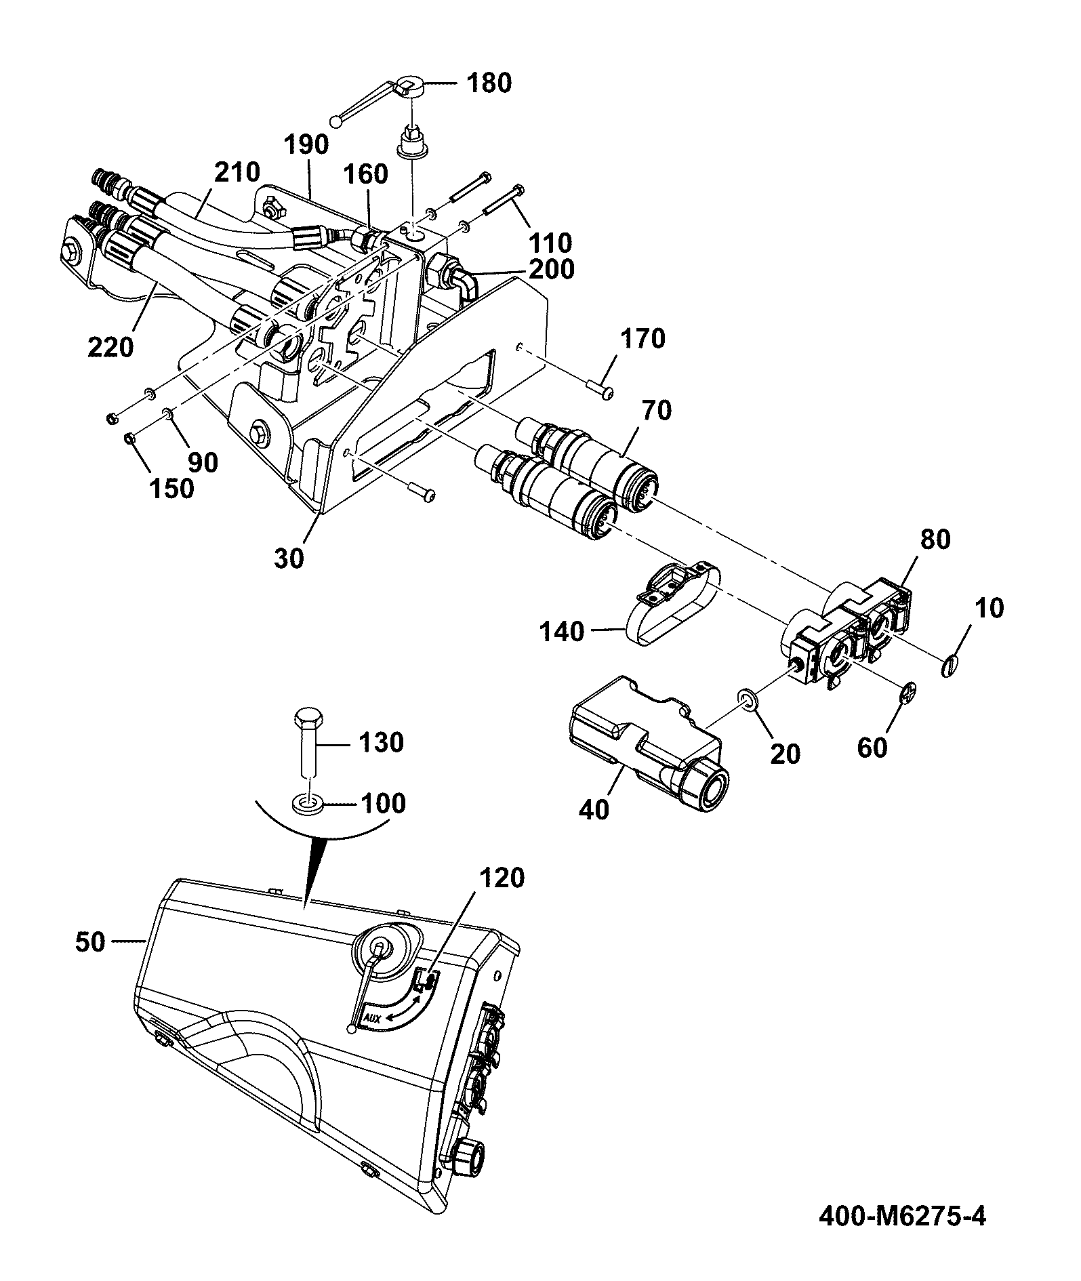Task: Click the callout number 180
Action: pos(489,84)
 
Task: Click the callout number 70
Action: pos(655,411)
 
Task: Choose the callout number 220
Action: pos(111,348)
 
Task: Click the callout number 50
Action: pos(90,942)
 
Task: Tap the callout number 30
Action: pos(289,561)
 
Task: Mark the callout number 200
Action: pos(551,269)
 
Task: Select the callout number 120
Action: pos(502,878)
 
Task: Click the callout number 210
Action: pos(237,171)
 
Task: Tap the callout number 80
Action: pos(935,540)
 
